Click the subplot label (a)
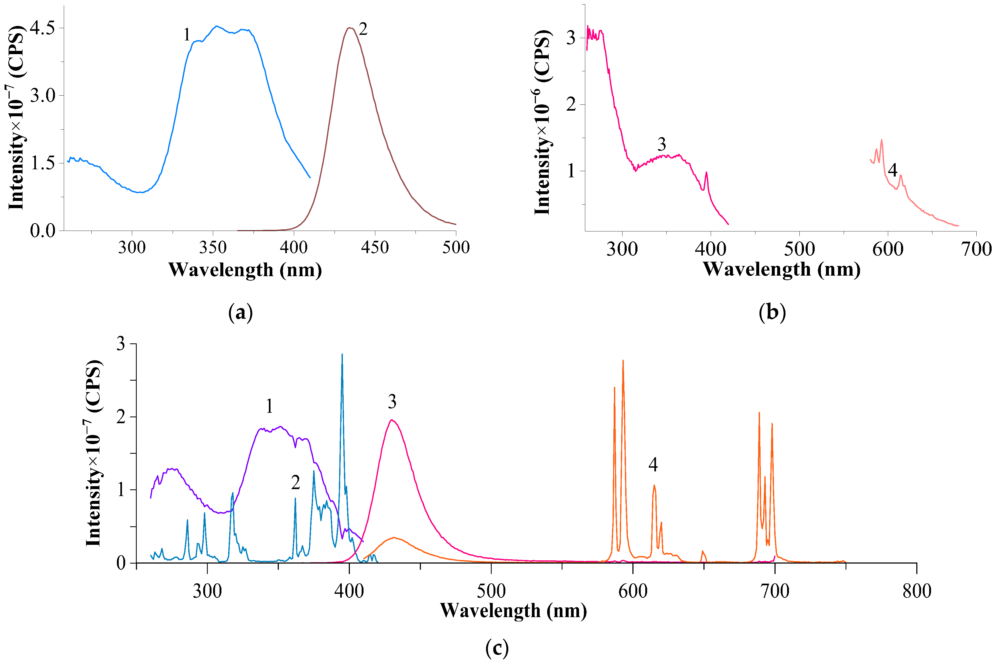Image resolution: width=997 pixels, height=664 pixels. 240,313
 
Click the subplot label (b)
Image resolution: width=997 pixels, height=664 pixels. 772,313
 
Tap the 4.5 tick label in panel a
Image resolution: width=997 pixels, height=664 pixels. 42,28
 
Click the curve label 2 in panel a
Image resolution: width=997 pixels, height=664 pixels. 363,29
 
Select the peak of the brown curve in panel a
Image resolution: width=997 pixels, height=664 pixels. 349,28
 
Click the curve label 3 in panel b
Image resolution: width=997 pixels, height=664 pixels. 661,144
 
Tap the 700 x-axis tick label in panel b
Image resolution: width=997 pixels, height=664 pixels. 976,249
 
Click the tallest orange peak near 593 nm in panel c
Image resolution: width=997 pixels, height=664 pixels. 622,361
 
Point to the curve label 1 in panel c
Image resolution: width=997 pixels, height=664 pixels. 269,407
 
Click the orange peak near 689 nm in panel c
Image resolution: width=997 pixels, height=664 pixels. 759,413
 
